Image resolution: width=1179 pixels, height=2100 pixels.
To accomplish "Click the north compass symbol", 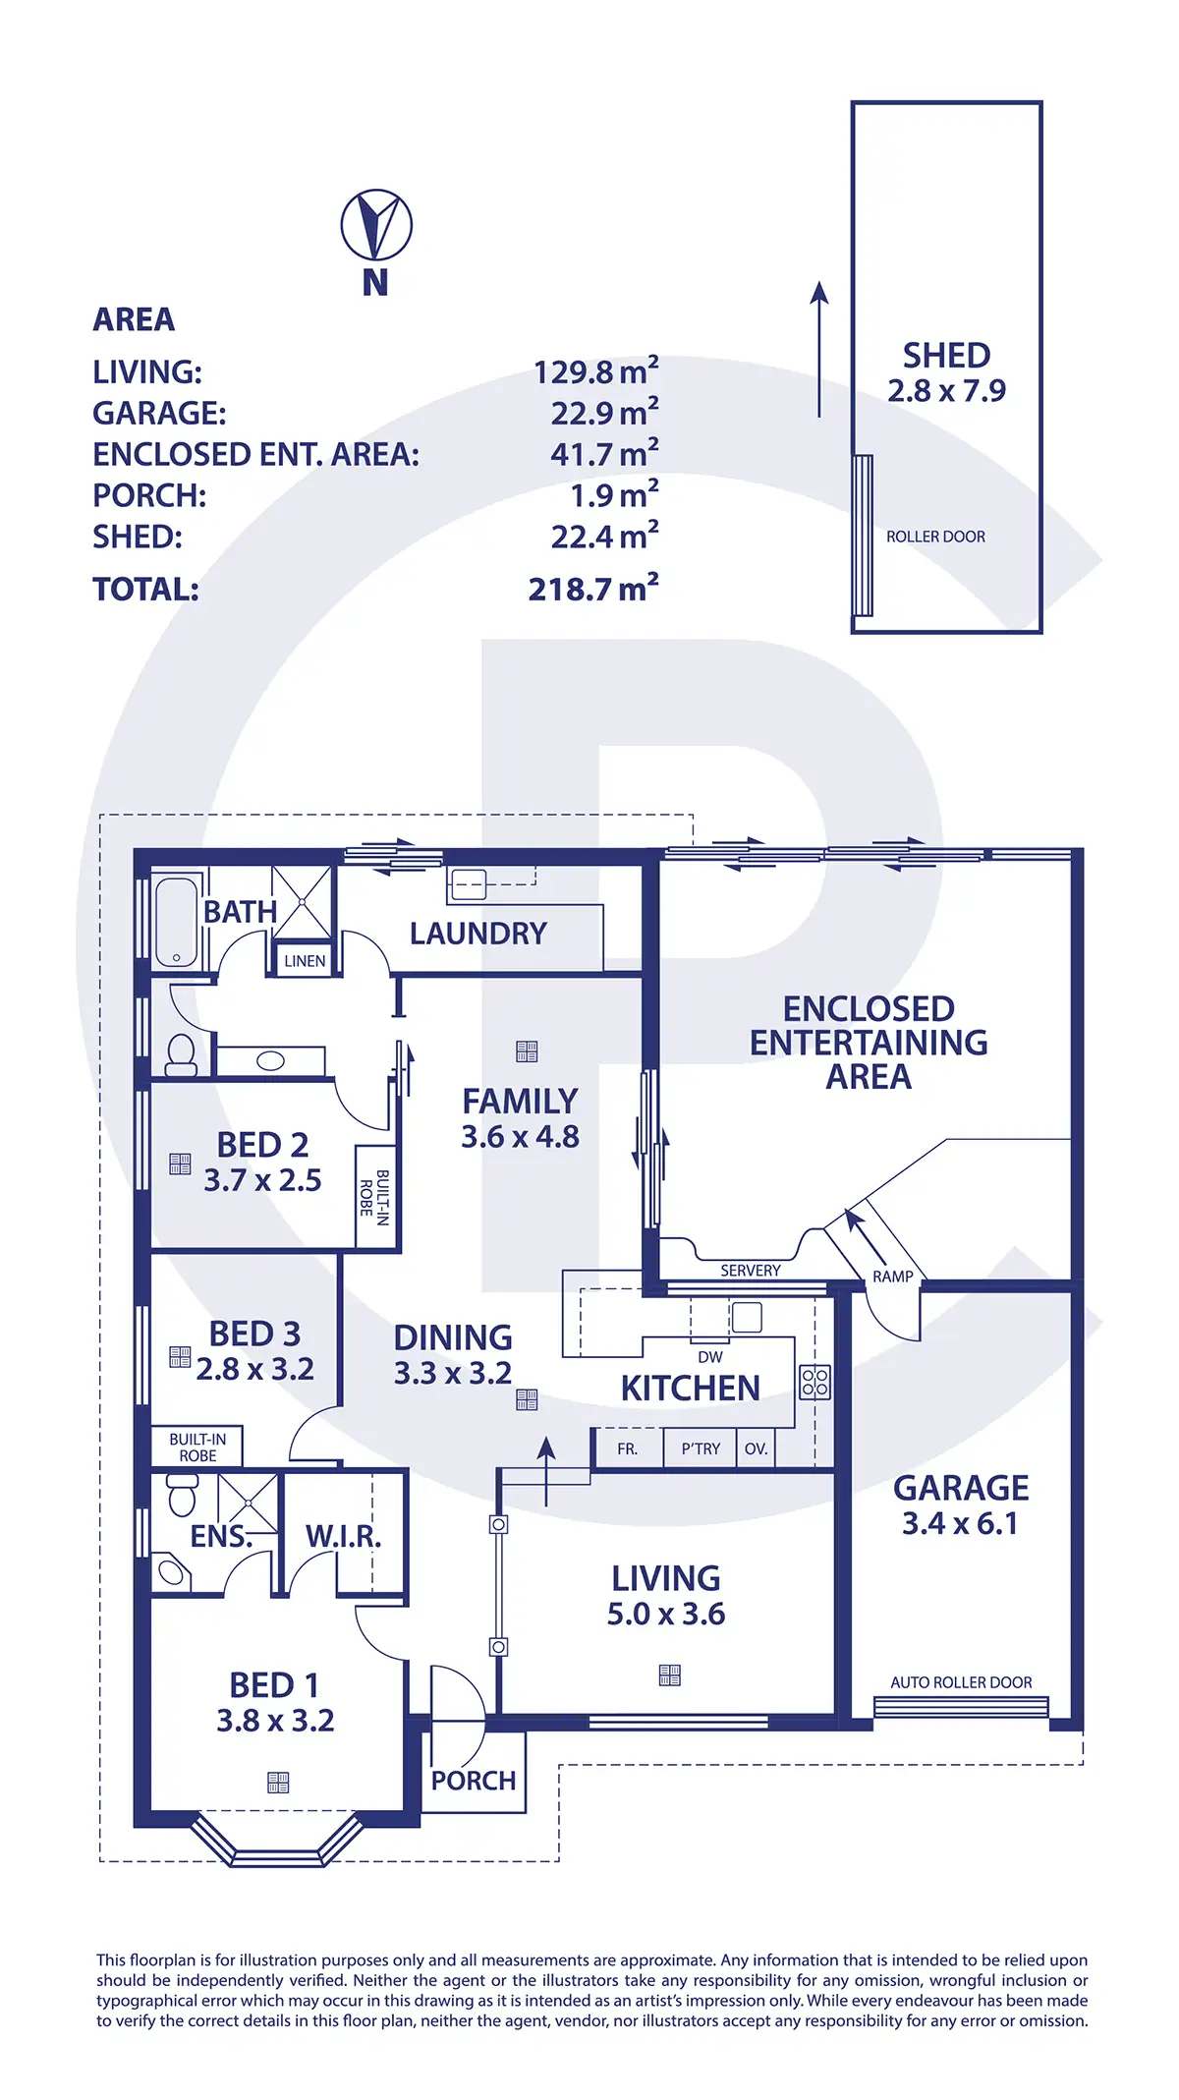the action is [x=376, y=225].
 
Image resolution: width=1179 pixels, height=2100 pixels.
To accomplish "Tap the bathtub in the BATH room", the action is [x=177, y=922].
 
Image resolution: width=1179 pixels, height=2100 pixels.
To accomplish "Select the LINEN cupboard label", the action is [x=305, y=961].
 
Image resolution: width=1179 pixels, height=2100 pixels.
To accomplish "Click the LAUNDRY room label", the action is [x=477, y=934].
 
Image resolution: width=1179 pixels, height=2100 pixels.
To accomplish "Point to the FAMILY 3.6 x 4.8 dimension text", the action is [x=520, y=1137].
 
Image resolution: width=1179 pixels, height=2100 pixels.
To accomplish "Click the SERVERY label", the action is [x=751, y=1271].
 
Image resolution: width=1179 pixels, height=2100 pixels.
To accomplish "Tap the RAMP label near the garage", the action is [x=892, y=1277].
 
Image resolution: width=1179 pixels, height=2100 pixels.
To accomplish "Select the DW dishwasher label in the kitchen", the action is [x=709, y=1357].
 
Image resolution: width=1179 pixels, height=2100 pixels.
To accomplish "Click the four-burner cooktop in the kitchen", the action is [x=815, y=1383].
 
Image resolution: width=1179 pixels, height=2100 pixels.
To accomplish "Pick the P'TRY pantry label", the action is [x=701, y=1448].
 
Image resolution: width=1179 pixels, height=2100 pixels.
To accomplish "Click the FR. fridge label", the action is [x=627, y=1448].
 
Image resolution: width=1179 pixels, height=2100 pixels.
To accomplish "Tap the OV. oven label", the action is [x=756, y=1448].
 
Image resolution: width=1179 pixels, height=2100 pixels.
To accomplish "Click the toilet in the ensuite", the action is [x=183, y=1498].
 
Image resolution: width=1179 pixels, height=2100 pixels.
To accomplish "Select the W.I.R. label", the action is [x=343, y=1536].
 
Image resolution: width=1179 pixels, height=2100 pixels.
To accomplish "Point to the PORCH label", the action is [x=474, y=1780].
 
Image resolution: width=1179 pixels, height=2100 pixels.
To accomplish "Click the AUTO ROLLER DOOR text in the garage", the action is [x=961, y=1682].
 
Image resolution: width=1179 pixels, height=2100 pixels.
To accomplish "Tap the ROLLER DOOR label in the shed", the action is [x=935, y=537].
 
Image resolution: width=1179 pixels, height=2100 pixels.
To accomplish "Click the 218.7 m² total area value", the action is [x=593, y=589].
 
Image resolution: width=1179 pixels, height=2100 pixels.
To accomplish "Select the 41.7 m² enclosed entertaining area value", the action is [x=604, y=454].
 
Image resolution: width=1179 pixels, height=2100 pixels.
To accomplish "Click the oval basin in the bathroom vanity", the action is [x=270, y=1060].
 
